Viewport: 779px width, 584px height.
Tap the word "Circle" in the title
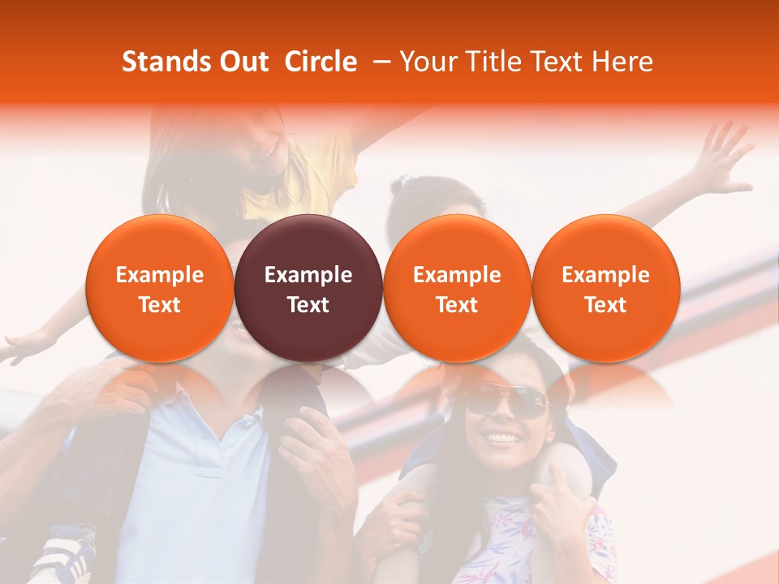click(321, 62)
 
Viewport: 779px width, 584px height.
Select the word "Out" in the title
click(242, 62)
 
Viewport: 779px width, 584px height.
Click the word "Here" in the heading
click(622, 62)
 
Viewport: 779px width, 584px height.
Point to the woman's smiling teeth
click(502, 439)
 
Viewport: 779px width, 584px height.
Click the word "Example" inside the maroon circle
click(308, 275)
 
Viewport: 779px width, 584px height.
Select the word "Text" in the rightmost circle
click(605, 305)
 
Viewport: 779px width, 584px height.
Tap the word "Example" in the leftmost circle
click(160, 275)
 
